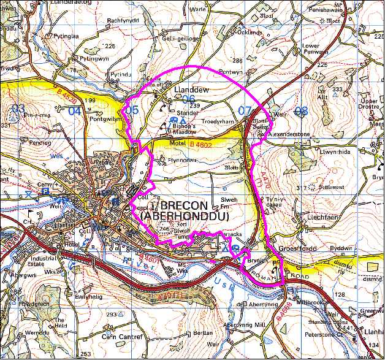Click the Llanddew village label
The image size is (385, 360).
[192, 90]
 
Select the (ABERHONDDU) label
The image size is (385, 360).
[184, 216]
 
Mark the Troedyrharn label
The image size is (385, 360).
[218, 121]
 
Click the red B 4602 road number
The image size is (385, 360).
[202, 144]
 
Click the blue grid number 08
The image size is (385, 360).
[300, 111]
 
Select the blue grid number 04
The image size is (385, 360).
[74, 111]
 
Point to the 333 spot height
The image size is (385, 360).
[337, 90]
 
